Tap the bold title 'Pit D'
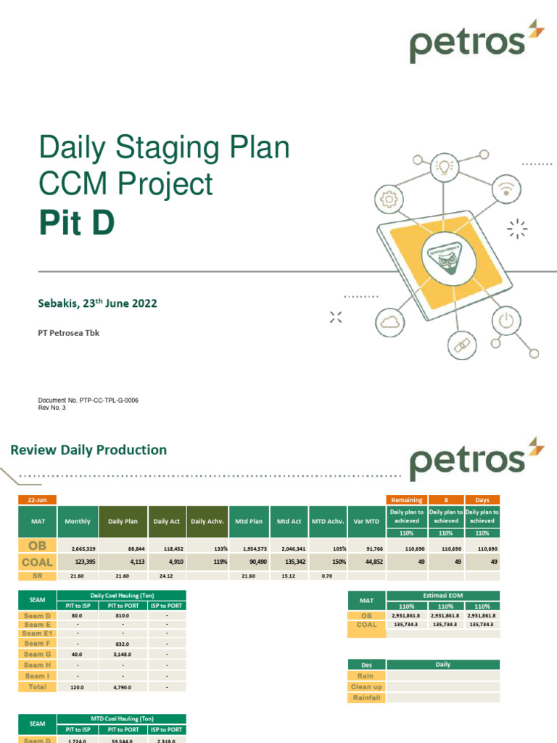tap(76, 222)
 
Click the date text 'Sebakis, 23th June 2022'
tap(97, 304)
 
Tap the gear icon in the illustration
tap(389, 199)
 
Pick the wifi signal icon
tap(504, 189)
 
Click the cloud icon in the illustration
tap(390, 319)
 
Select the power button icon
tap(505, 320)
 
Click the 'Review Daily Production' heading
tap(88, 450)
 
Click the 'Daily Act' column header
tap(166, 521)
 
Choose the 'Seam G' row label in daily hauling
tap(37, 654)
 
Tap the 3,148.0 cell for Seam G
tap(123, 654)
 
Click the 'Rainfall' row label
tap(366, 697)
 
